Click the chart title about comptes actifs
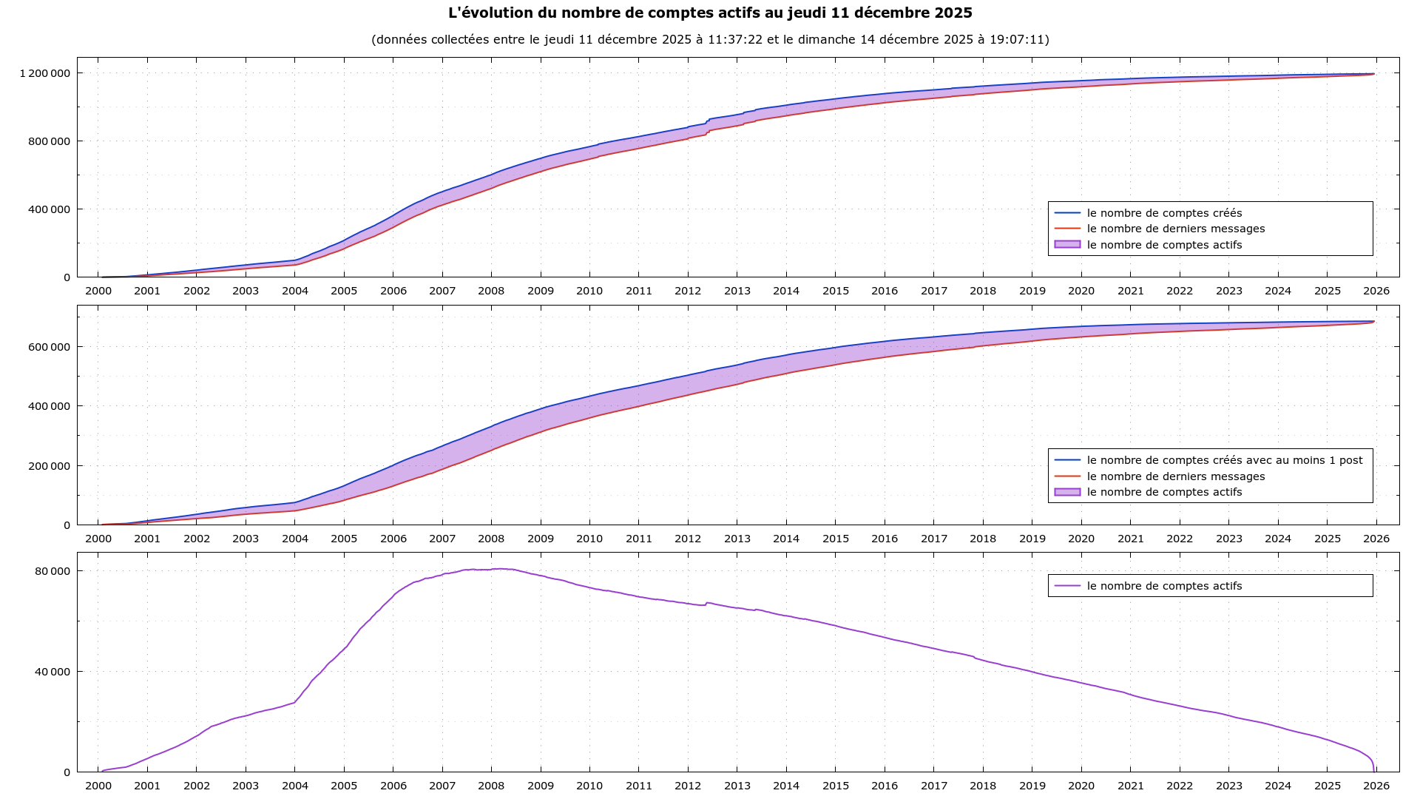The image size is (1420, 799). [710, 13]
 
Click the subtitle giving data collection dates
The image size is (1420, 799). [710, 39]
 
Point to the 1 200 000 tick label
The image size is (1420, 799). [45, 73]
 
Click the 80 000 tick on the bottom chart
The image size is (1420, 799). [53, 571]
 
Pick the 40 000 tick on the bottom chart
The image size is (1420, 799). [53, 672]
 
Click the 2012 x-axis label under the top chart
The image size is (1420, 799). [688, 291]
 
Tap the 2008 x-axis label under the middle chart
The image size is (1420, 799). [491, 539]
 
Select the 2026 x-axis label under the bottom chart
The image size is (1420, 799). [1376, 786]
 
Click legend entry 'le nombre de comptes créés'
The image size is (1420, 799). [1164, 213]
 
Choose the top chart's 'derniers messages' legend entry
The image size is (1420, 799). [1175, 229]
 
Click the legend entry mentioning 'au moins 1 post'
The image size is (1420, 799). [1224, 460]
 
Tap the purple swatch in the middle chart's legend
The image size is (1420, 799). [1067, 492]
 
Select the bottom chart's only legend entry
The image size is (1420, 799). [1164, 586]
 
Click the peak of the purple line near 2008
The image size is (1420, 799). [501, 569]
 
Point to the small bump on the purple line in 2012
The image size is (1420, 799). [707, 603]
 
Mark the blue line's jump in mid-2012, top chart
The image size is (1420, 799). [708, 120]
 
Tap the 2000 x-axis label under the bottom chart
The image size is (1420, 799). [98, 786]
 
